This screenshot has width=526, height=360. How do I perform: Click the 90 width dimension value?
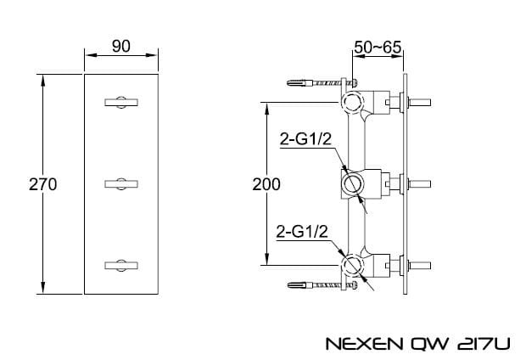tap(120, 47)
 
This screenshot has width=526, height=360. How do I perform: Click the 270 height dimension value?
tap(42, 184)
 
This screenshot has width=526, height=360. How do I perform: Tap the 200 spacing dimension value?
tap(266, 184)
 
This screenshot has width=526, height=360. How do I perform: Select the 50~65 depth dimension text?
tap(378, 47)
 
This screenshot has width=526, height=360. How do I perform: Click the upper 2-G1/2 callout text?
tap(305, 139)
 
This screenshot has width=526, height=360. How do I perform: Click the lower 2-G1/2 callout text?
tap(301, 232)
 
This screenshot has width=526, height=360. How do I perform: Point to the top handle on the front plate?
tap(121, 103)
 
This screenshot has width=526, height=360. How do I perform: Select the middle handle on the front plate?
tap(121, 184)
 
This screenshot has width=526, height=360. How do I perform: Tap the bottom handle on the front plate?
tap(121, 265)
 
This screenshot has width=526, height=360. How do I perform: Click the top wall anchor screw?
tap(322, 82)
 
